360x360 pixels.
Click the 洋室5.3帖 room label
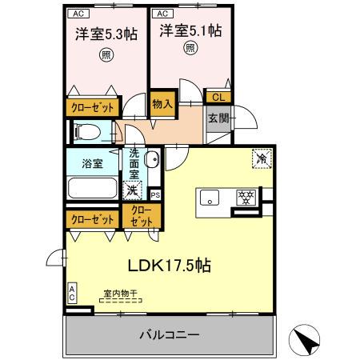(x=106, y=34)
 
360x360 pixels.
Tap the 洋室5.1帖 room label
(x=190, y=30)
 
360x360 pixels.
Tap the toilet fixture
(x=87, y=132)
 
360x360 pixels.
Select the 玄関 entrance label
(x=218, y=119)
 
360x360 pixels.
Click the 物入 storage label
(x=163, y=103)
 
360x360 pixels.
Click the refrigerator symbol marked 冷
(x=262, y=158)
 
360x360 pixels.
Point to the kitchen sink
(x=210, y=198)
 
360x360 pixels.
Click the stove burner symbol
(x=244, y=198)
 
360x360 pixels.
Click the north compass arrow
(x=309, y=342)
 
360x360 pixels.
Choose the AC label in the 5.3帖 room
(x=78, y=14)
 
